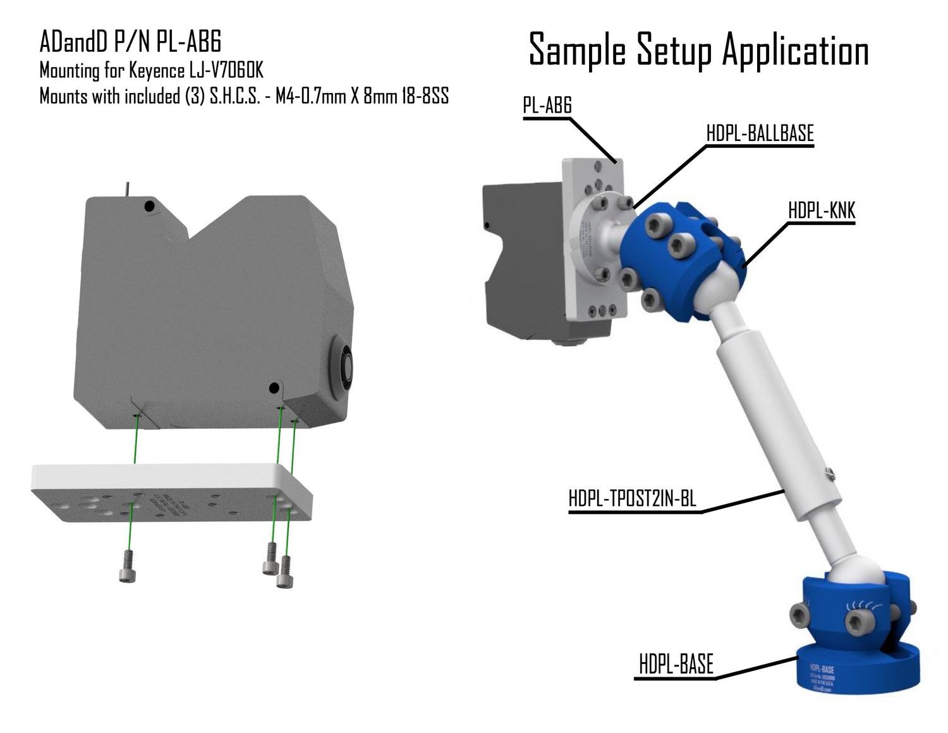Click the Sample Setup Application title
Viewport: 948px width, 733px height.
pyautogui.click(x=698, y=50)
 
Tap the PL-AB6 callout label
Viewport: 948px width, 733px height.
pyautogui.click(x=547, y=105)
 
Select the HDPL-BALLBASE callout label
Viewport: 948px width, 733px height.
pyautogui.click(x=760, y=133)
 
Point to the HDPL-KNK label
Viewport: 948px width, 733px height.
pyautogui.click(x=821, y=211)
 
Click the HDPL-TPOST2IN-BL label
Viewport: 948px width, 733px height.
pyautogui.click(x=632, y=498)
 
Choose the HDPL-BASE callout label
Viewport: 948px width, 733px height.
pyautogui.click(x=676, y=665)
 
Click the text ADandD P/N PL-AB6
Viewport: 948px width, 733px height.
pyautogui.click(x=130, y=42)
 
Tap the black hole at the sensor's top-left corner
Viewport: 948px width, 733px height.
pyautogui.click(x=149, y=206)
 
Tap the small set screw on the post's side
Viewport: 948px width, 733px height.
pyautogui.click(x=831, y=471)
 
